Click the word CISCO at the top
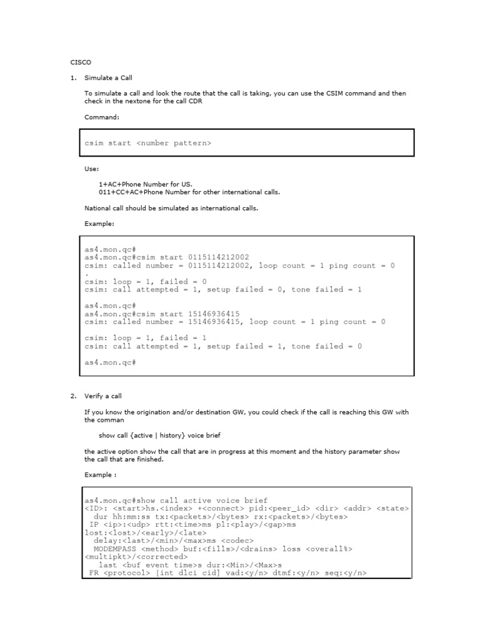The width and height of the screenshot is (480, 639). (x=81, y=62)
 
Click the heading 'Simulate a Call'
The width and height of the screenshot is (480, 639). (x=108, y=78)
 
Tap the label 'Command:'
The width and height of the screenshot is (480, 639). (x=102, y=117)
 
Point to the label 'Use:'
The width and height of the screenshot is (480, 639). (x=91, y=168)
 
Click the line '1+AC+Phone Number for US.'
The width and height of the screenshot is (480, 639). (x=146, y=185)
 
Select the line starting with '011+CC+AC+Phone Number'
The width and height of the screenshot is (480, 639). (x=189, y=192)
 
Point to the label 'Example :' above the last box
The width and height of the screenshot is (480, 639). (x=100, y=474)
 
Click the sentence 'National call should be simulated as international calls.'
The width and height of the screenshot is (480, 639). (x=171, y=208)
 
